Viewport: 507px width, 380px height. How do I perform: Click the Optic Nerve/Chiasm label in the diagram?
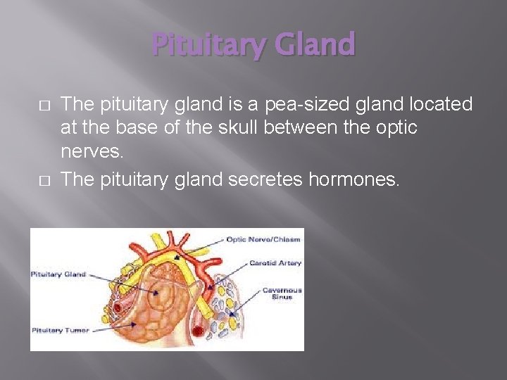(x=263, y=239)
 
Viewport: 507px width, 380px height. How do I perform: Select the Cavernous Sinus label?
(x=282, y=293)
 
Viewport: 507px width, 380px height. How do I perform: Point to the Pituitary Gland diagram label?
(x=58, y=274)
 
